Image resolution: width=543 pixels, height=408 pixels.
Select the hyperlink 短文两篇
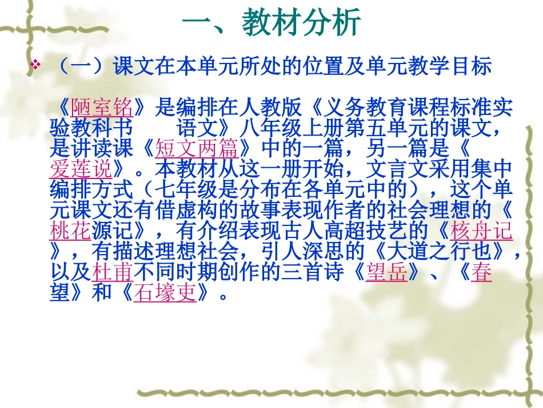pyautogui.click(x=196, y=149)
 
